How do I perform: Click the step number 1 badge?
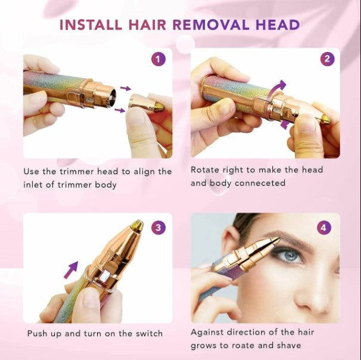pyautogui.click(x=158, y=59)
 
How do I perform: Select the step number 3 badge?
pyautogui.click(x=158, y=227)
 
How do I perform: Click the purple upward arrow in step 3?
pyautogui.click(x=71, y=270)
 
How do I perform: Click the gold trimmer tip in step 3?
pyautogui.click(x=137, y=225)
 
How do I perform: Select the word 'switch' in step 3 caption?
pyautogui.click(x=148, y=333)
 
